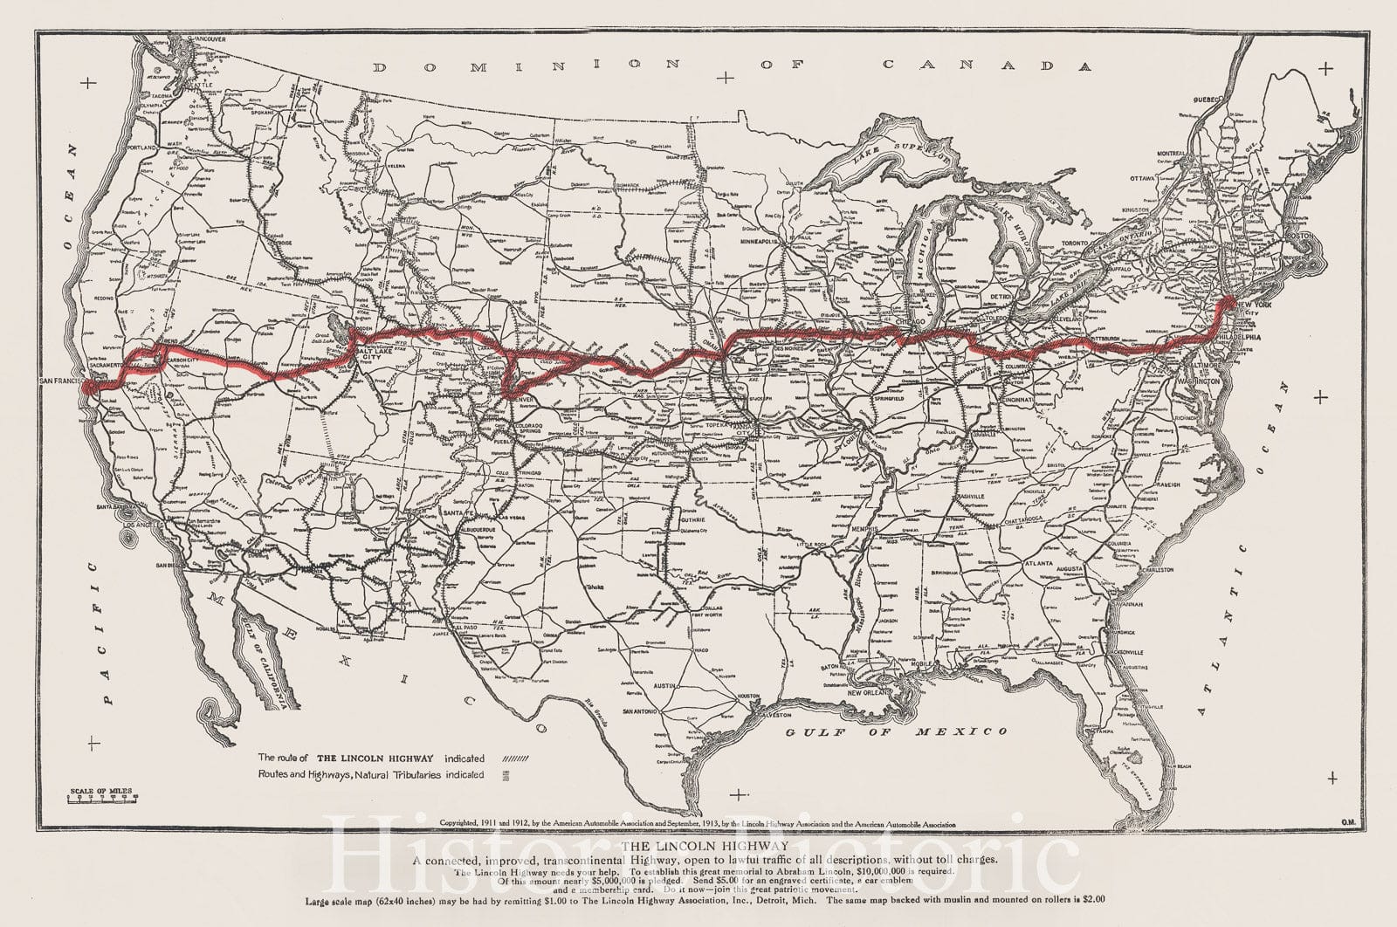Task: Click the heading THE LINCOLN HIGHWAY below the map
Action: [x=705, y=846]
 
